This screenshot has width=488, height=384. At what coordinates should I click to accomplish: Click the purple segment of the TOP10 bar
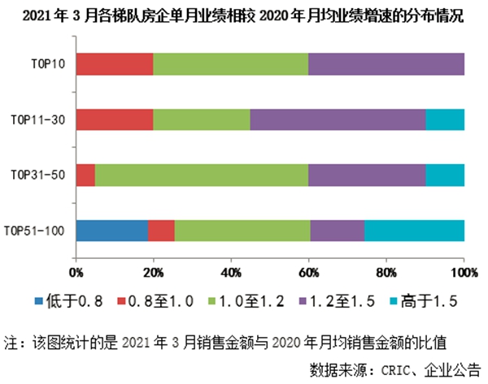[386, 63]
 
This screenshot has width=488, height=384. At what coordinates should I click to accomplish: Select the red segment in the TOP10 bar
[115, 63]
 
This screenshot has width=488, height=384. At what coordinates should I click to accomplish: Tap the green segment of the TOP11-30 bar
[202, 119]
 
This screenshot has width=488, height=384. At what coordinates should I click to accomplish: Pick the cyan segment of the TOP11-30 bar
[445, 119]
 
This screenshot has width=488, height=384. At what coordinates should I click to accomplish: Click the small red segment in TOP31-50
[85, 175]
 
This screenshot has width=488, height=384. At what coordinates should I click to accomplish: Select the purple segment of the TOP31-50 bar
[367, 175]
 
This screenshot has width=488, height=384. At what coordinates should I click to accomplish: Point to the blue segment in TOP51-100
[112, 231]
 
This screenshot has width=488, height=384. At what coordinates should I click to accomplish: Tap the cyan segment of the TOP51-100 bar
[414, 231]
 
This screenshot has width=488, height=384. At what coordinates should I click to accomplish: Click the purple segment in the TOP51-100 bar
[337, 231]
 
